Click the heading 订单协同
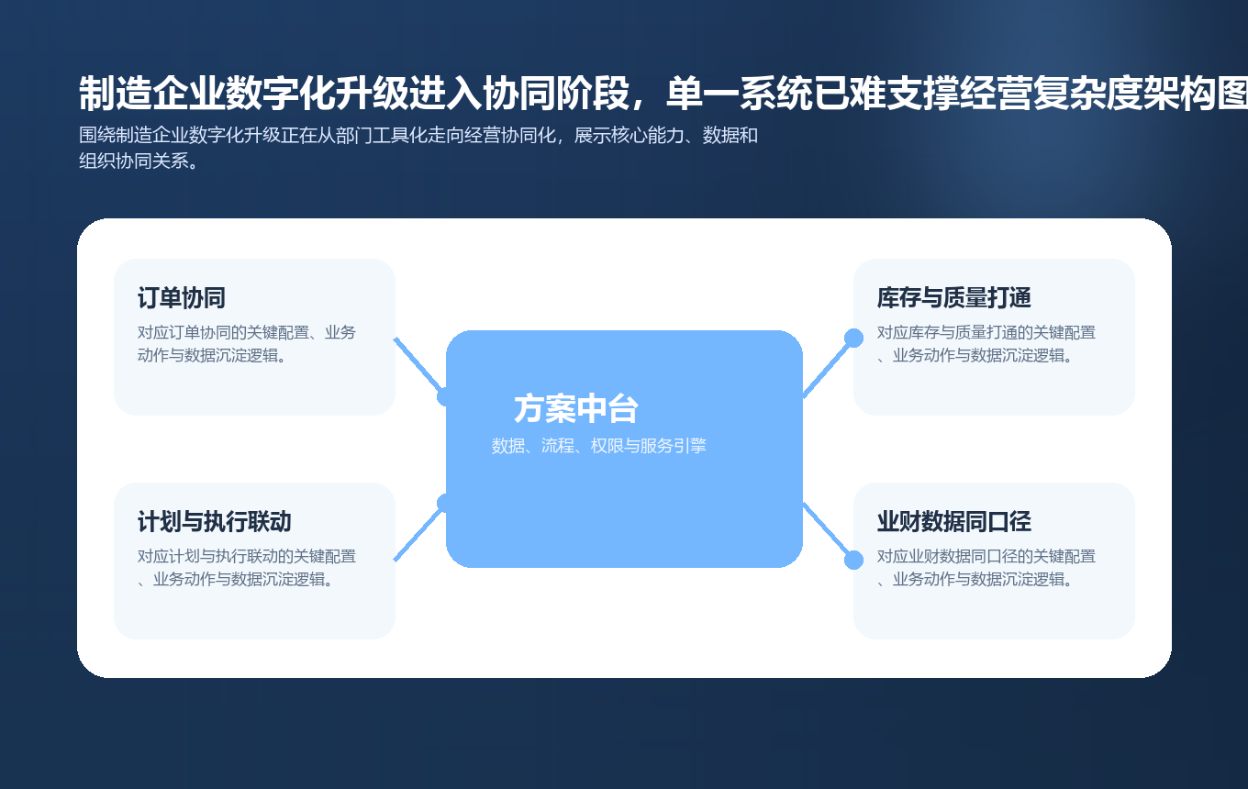point(182,298)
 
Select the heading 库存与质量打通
point(954,298)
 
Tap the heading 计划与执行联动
point(215,522)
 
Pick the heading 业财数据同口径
point(954,522)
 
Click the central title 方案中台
point(576,409)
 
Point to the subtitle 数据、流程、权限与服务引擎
point(599,447)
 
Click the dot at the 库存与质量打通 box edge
point(853,338)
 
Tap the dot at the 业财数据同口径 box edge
point(853,560)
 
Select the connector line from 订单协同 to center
point(418,364)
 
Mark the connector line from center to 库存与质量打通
point(828,366)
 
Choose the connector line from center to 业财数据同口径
point(828,531)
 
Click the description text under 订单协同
point(247,344)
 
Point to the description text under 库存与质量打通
point(986,344)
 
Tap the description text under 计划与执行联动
point(247,568)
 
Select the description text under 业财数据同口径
point(986,568)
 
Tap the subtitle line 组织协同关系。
point(139,161)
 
